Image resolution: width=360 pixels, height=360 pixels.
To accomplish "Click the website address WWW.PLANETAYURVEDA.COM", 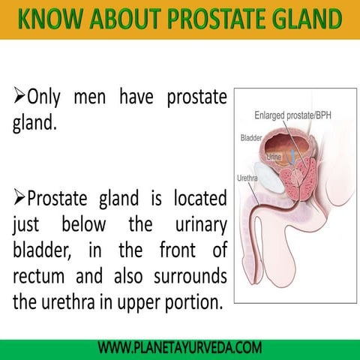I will (180, 348).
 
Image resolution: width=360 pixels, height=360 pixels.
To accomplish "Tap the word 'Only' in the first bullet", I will (46, 98).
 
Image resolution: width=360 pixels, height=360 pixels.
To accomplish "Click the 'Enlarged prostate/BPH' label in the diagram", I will (293, 115).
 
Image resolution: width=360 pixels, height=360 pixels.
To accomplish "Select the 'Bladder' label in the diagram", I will (251, 138).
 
